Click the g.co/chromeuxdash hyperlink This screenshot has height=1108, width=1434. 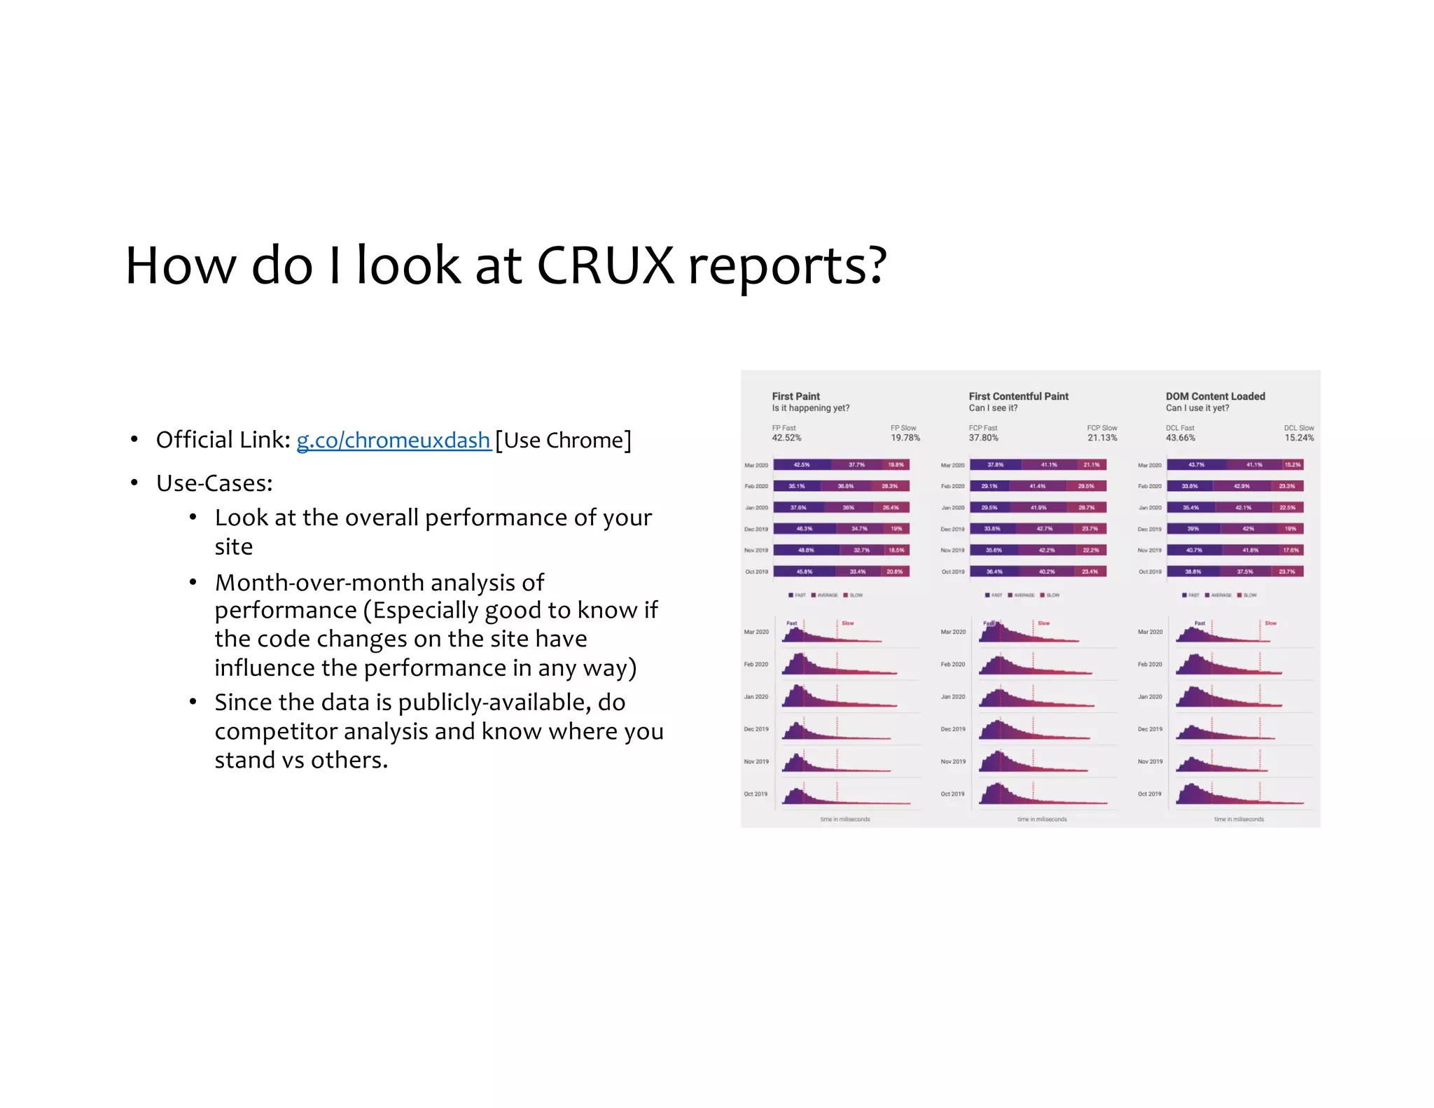[393, 440]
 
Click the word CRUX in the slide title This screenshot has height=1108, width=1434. [605, 266]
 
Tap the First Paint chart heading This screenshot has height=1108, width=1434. [795, 396]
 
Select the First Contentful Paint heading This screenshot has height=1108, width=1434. [1018, 396]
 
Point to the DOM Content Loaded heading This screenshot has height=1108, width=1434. [1215, 396]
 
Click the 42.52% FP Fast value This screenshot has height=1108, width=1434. [786, 438]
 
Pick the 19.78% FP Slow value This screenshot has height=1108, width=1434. [905, 438]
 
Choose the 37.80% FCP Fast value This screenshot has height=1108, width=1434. [983, 438]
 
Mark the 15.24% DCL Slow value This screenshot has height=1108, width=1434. [1299, 438]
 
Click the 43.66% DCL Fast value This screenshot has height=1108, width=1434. [1180, 438]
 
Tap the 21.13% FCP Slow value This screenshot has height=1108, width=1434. [1102, 438]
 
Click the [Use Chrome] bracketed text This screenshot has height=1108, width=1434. [563, 440]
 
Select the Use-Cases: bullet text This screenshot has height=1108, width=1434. [214, 483]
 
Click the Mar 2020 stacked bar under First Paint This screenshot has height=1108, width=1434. [841, 464]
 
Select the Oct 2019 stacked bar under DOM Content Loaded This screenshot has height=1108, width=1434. [1235, 572]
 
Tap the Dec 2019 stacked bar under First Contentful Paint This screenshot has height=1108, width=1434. [1038, 529]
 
